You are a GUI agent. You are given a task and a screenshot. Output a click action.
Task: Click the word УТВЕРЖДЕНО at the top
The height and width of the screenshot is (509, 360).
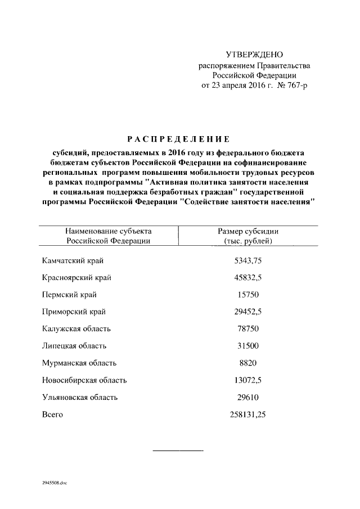coord(254,55)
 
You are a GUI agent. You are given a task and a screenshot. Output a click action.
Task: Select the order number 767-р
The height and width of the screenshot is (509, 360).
coord(296,85)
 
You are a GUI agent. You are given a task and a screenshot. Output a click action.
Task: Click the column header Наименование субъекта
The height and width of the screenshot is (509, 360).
coord(108,231)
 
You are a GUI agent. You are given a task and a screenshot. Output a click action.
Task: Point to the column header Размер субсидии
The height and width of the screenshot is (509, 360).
coord(248,231)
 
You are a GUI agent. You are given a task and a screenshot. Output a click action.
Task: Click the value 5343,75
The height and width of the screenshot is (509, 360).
coord(248,260)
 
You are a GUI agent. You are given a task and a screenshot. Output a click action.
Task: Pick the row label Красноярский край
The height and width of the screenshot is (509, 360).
coord(76,277)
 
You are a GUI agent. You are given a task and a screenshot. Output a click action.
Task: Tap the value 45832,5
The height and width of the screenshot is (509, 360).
coord(248,277)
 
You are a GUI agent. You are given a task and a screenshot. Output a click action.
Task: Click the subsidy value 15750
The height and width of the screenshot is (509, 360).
coord(248,295)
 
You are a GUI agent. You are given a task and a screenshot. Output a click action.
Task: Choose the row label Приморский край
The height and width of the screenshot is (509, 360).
coord(74,312)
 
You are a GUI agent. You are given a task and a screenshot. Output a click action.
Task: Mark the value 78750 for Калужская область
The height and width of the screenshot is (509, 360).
coord(248,328)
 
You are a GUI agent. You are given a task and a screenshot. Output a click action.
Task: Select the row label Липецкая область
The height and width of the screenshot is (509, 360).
coord(74,346)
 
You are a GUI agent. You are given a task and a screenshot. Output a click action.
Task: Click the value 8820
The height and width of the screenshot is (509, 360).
coord(248,363)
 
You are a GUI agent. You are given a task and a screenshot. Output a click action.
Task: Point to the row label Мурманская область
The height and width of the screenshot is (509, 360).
coord(79,363)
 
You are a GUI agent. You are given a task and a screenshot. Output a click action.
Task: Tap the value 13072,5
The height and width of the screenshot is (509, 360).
coord(248,380)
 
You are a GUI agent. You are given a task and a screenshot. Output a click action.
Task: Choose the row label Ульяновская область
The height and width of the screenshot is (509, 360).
coord(80,397)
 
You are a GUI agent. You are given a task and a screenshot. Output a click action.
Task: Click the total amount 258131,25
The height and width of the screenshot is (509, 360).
coord(248,415)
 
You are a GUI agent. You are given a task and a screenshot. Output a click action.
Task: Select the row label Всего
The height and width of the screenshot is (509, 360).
coord(52,415)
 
